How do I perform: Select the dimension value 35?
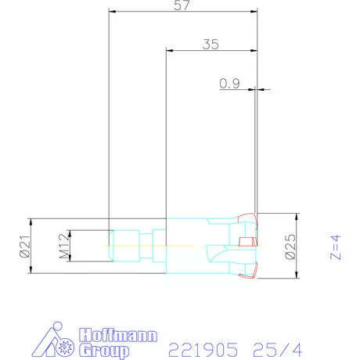pos(210,44)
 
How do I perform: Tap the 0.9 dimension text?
pos(229,83)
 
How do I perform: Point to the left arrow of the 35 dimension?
pos(170,51)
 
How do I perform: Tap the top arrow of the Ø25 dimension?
pos(297,215)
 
